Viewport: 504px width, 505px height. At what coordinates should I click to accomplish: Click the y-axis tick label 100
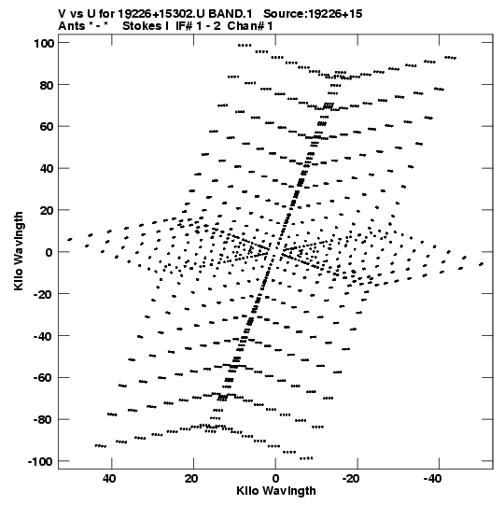pos(44,43)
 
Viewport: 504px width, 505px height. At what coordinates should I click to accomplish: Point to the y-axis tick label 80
pos(47,85)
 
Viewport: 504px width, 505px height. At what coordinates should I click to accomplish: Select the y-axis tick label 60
pos(47,127)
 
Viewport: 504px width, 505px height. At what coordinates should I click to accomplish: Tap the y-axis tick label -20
pos(44,294)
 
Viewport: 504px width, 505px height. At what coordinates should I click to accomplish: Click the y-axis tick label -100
pos(40,461)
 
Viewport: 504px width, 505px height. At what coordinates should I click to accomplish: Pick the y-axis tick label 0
pos(49,252)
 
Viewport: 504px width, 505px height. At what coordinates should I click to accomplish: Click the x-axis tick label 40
pos(109,479)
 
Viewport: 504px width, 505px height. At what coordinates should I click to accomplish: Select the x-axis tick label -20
pos(351,479)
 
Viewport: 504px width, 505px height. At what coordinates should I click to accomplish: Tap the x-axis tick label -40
pos(432,479)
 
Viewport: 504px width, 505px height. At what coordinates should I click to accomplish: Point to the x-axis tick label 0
pos(275,479)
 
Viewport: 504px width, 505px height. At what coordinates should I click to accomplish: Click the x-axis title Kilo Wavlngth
pos(276,491)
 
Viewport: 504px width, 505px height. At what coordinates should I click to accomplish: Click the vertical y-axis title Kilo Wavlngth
pos(19,251)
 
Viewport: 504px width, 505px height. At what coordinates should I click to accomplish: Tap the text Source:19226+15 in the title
pos(313,14)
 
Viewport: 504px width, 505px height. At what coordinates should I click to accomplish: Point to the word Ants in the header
pos(72,26)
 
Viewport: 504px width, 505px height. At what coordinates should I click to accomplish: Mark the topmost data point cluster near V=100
pos(245,46)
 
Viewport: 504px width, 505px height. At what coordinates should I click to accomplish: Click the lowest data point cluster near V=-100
pos(306,458)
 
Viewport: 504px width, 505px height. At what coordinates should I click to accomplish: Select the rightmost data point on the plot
pos(482,264)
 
